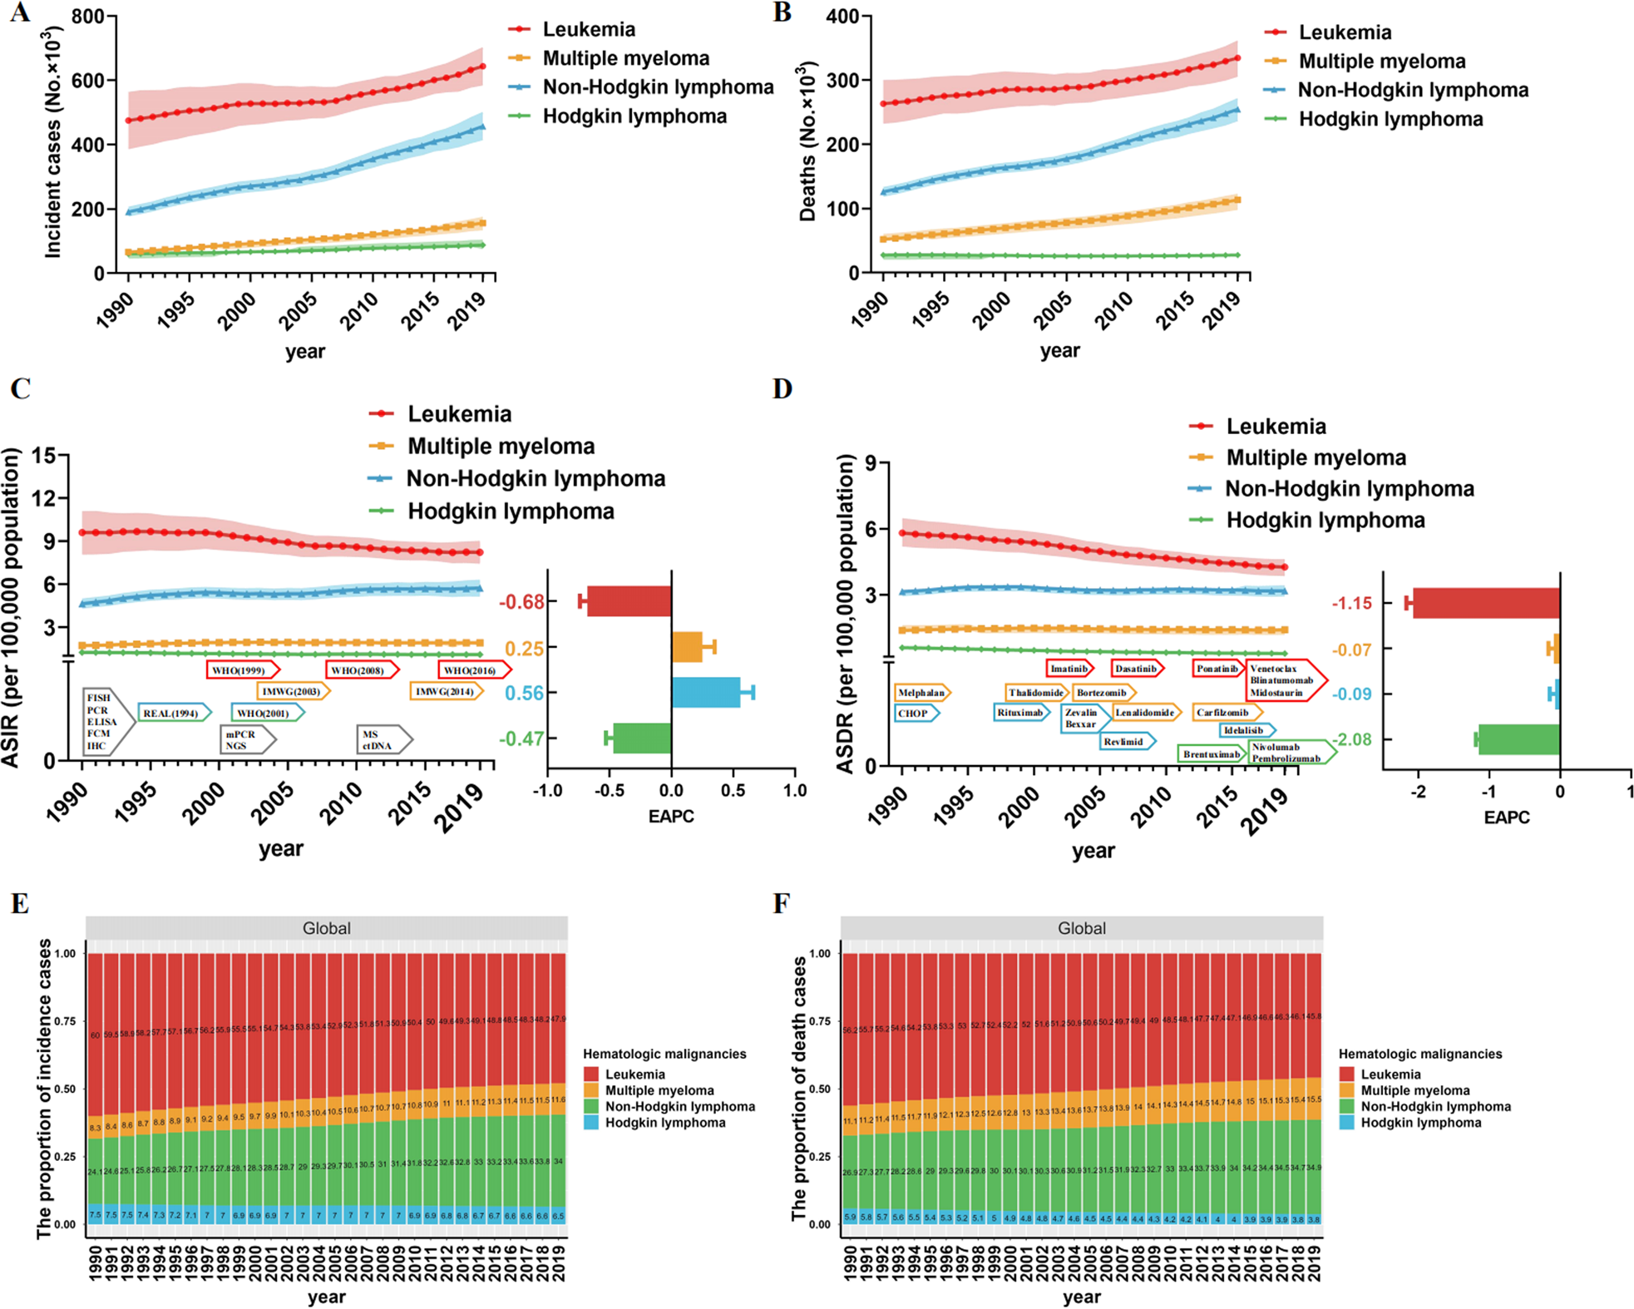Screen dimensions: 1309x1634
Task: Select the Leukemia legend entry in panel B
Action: click(x=1344, y=32)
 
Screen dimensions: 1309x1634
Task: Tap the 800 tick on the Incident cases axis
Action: click(x=87, y=17)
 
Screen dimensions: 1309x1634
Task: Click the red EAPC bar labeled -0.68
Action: click(x=629, y=601)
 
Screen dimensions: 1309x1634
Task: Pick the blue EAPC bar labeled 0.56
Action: click(x=706, y=693)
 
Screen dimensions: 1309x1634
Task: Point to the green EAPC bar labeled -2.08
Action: click(x=1518, y=739)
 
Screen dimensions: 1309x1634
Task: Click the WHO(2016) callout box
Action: click(x=471, y=670)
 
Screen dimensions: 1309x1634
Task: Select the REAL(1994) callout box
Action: click(x=171, y=713)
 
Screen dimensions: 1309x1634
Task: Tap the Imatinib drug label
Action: click(x=1069, y=668)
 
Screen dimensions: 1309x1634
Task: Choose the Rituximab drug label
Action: click(x=1020, y=712)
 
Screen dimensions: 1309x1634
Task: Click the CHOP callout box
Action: click(x=914, y=713)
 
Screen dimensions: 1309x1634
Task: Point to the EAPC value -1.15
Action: click(x=1352, y=603)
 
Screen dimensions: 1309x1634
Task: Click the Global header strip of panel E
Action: click(x=326, y=928)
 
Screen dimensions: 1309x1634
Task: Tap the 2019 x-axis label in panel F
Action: click(x=1313, y=1263)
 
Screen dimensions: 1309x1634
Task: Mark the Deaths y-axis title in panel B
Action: click(x=807, y=141)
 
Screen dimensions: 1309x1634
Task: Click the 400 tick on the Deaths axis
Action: click(x=842, y=17)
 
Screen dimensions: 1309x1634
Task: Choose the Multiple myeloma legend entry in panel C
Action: click(x=501, y=447)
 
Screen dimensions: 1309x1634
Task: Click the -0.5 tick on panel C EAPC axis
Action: click(x=609, y=790)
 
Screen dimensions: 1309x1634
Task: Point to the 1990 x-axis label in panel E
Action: click(x=95, y=1263)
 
